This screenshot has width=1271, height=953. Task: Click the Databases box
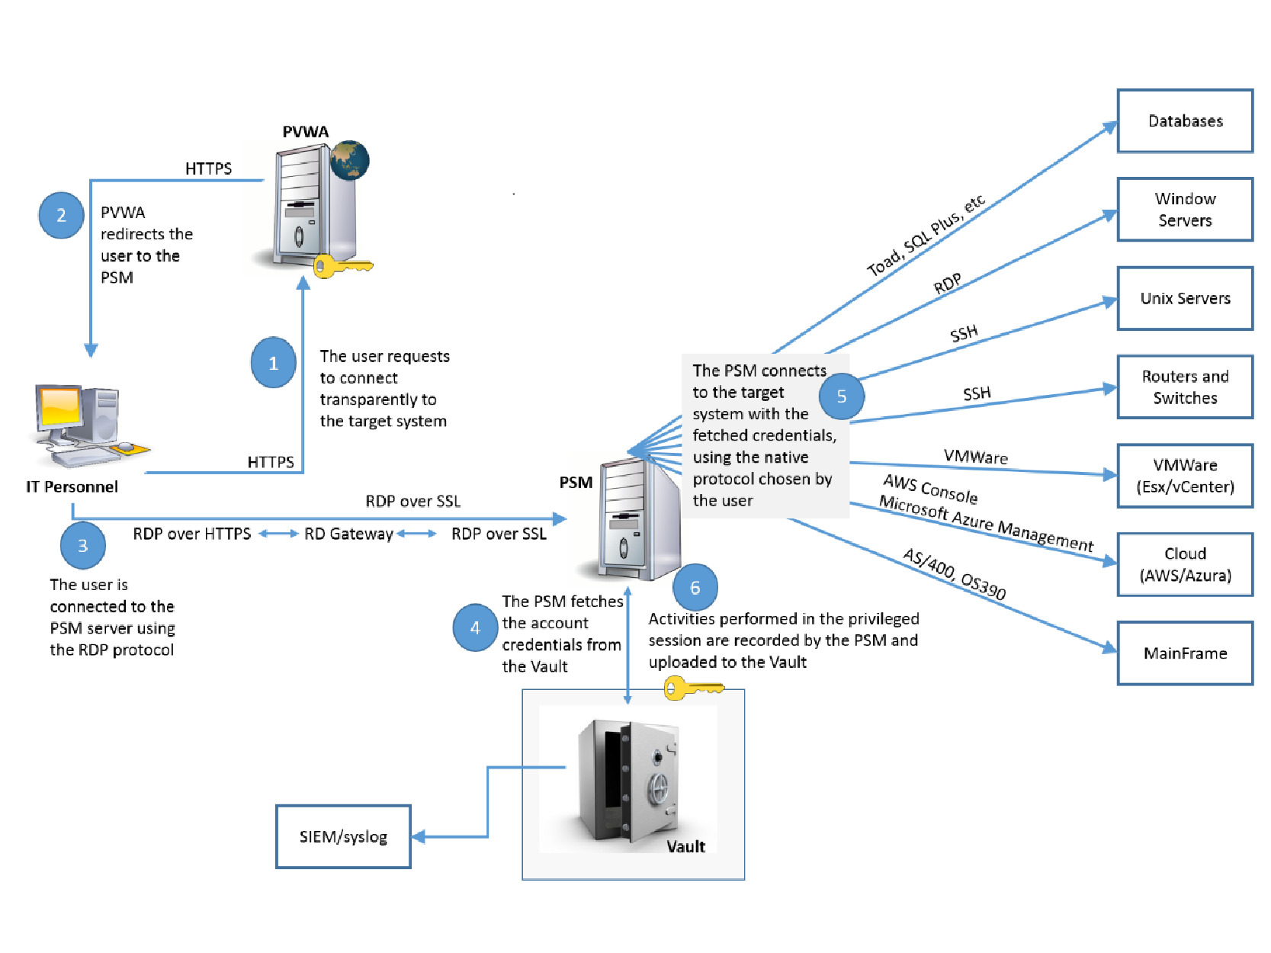pyautogui.click(x=1185, y=121)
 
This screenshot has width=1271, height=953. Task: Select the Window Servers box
pyautogui.click(x=1185, y=210)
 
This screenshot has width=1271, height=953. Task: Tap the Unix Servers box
pyautogui.click(x=1185, y=298)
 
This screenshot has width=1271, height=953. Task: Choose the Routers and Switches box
pyautogui.click(x=1185, y=387)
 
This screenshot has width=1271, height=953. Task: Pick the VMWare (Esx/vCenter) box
pyautogui.click(x=1185, y=476)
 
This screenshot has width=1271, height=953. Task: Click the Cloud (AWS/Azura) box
pyautogui.click(x=1185, y=564)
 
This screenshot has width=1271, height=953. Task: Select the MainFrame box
pyautogui.click(x=1185, y=653)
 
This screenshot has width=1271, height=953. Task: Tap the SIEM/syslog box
pyautogui.click(x=343, y=836)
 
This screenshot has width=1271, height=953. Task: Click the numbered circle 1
pyautogui.click(x=274, y=363)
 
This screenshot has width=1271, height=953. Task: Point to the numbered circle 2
pyautogui.click(x=61, y=215)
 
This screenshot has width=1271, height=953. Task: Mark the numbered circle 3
pyautogui.click(x=82, y=545)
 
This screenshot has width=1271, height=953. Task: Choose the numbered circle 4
pyautogui.click(x=475, y=627)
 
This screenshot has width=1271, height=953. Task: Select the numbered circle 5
pyautogui.click(x=842, y=396)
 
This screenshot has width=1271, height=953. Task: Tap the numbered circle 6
pyautogui.click(x=695, y=587)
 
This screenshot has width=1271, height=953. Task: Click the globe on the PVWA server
pyautogui.click(x=350, y=160)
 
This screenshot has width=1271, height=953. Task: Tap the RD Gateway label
pyautogui.click(x=348, y=534)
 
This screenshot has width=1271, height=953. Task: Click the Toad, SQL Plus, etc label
pyautogui.click(x=926, y=235)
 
